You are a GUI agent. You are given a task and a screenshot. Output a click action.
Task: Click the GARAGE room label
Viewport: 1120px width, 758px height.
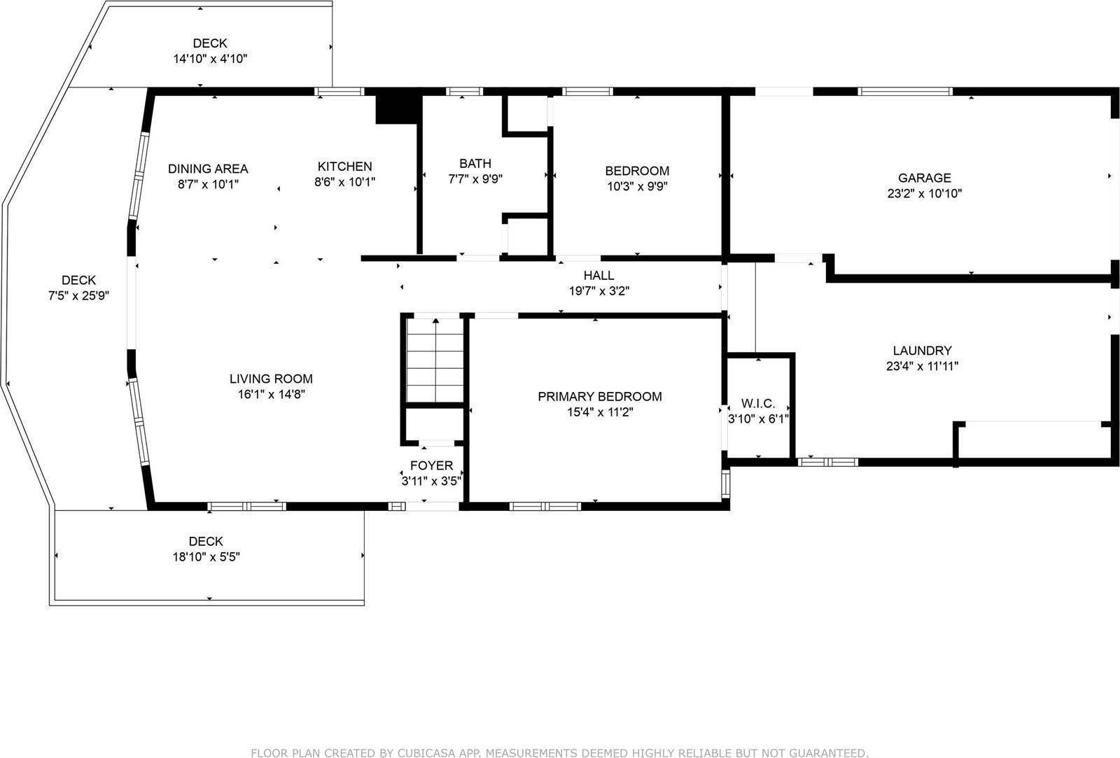924,178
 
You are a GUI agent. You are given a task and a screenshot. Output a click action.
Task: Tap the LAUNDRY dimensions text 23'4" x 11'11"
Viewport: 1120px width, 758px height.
921,366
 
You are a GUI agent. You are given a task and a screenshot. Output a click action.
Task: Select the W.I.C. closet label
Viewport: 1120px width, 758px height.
758,404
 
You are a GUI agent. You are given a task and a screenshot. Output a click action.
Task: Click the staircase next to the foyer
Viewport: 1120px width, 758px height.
435,360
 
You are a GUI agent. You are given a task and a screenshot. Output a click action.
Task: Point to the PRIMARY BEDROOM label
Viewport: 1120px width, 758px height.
599,396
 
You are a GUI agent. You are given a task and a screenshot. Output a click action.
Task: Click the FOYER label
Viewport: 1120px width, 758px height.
431,465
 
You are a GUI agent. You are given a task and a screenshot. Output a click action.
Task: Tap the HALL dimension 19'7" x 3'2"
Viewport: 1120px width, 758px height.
598,291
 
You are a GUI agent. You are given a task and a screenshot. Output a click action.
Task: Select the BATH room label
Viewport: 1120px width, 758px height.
475,163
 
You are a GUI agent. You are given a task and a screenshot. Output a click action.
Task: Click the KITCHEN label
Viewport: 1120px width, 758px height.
344,166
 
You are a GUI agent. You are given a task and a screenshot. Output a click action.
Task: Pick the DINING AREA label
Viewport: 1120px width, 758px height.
208,169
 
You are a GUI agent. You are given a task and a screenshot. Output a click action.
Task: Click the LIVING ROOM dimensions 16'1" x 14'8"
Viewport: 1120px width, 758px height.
271,394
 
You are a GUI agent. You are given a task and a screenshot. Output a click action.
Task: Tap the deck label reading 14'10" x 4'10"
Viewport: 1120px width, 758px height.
210,59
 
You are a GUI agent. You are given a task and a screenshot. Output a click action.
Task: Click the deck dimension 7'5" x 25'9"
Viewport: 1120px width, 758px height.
78,296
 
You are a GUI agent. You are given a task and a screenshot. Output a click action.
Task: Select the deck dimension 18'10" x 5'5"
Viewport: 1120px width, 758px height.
206,557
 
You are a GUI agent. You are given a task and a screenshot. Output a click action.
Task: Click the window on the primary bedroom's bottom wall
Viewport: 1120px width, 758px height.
545,506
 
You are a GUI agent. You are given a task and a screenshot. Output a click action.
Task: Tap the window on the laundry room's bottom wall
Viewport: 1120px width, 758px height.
828,462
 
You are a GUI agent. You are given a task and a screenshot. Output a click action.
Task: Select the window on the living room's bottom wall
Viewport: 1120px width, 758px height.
247,506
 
